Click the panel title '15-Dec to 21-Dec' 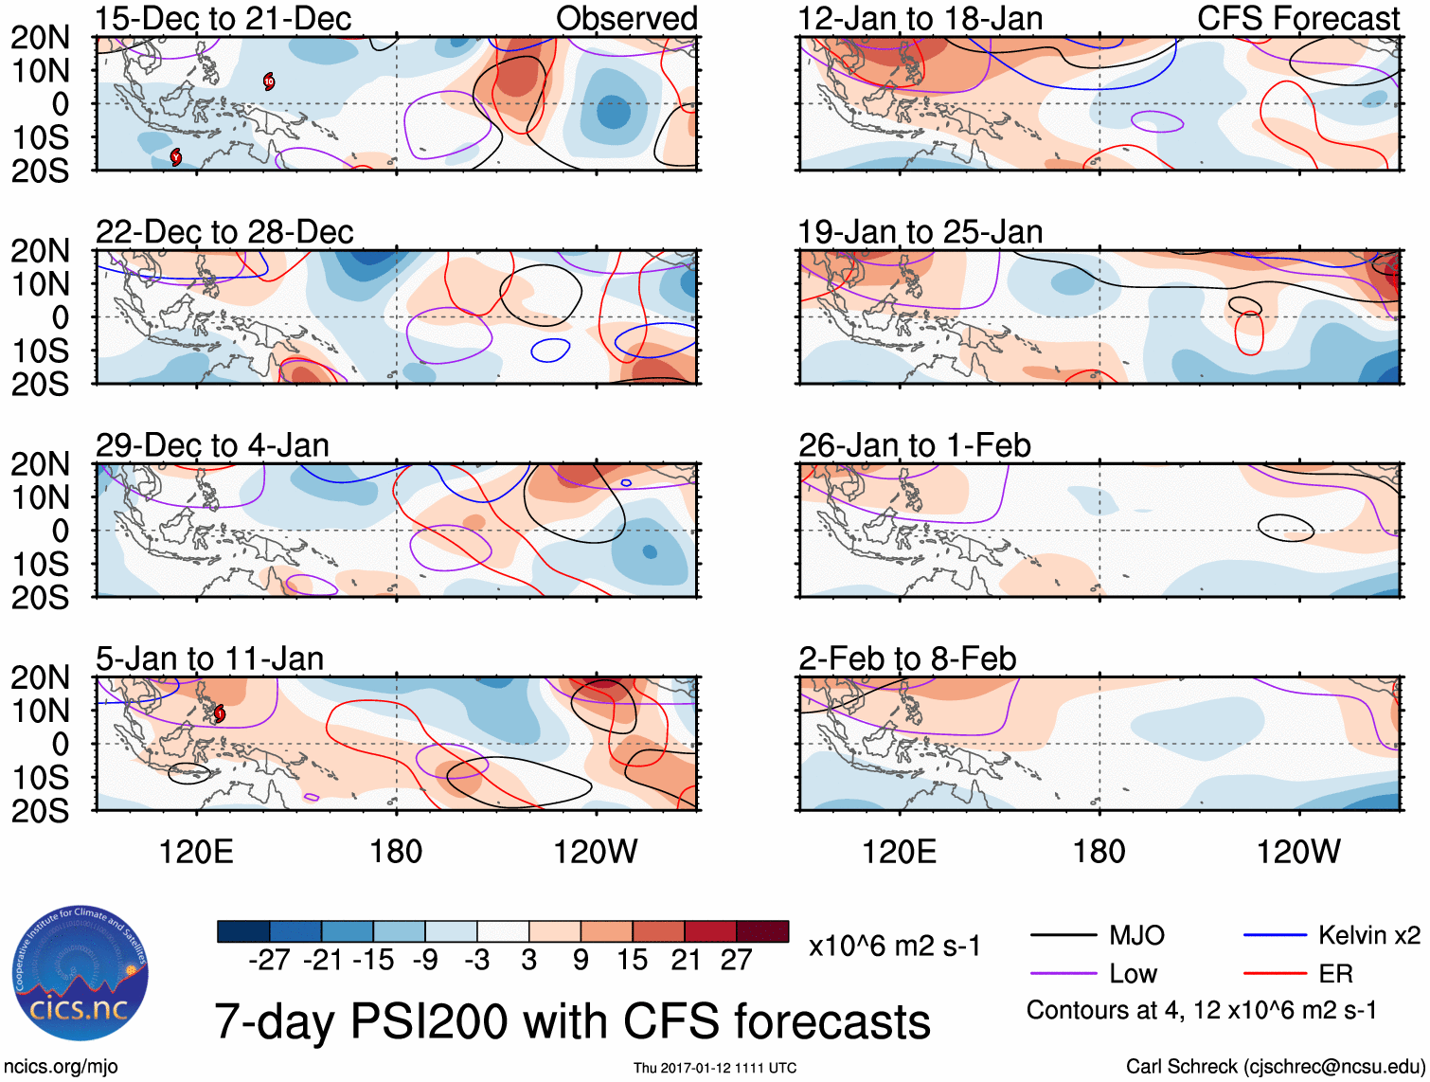(x=223, y=19)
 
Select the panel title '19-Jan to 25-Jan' (x=920, y=232)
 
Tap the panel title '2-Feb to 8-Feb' (x=907, y=658)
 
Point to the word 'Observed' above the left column (x=626, y=19)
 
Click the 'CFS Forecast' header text (x=1298, y=19)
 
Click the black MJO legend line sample (x=1063, y=936)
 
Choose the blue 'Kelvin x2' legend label (x=1368, y=936)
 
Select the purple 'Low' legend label (x=1133, y=974)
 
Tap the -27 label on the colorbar (x=269, y=961)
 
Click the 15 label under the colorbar (x=633, y=961)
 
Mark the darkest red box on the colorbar (x=762, y=931)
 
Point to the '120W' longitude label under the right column (x=1297, y=852)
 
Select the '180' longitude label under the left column (x=396, y=852)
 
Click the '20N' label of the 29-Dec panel (x=40, y=464)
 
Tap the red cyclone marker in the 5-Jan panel (x=219, y=713)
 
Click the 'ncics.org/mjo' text (x=60, y=1067)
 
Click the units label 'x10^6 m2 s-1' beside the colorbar (x=894, y=947)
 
